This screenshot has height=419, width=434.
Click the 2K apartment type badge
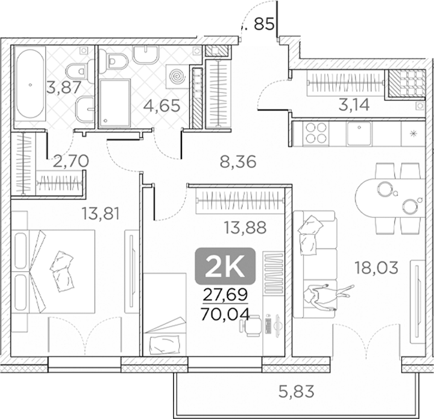pyautogui.click(x=225, y=266)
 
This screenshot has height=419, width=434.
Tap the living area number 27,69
pyautogui.click(x=224, y=296)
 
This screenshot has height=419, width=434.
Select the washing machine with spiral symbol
pyautogui.click(x=177, y=77)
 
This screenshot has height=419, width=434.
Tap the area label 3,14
pyautogui.click(x=354, y=105)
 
